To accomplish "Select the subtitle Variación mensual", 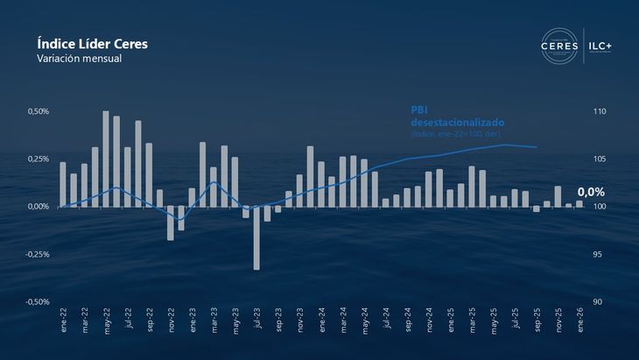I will pos(79,59).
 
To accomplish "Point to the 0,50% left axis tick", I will pos(38,112).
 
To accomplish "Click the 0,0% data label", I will pos(591,192).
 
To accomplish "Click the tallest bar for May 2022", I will pos(106,159).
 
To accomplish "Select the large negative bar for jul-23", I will pos(256,237).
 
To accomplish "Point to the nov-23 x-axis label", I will pos(300,321).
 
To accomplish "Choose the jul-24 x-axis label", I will pos(386,321).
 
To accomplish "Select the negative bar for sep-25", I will pos(537,208).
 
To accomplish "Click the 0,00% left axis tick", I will pos(38,207).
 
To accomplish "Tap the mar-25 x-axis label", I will pos(472,321).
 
